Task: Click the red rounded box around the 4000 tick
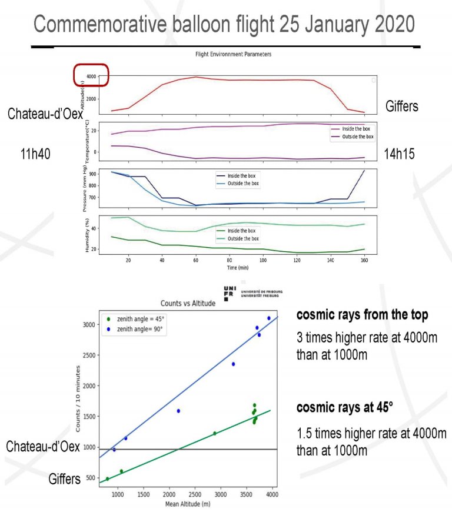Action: [91, 75]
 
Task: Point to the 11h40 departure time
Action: [35, 154]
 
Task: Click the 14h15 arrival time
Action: [399, 154]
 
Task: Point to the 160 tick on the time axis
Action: [365, 260]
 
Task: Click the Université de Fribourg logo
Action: [253, 292]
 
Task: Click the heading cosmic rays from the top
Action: [362, 315]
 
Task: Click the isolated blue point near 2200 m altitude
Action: [178, 411]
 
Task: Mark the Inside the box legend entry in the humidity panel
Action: [243, 231]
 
